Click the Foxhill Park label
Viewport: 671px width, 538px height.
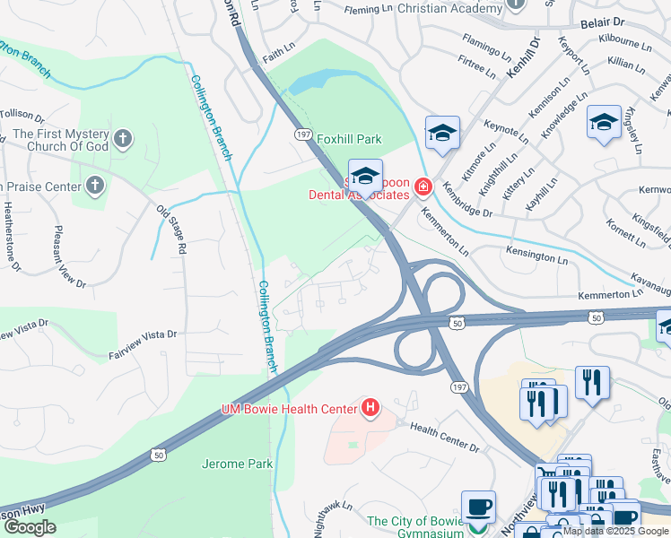click(x=349, y=139)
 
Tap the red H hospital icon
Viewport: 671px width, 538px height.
click(x=369, y=410)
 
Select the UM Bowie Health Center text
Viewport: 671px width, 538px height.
click(x=289, y=410)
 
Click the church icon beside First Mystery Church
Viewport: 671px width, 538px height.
click(x=123, y=139)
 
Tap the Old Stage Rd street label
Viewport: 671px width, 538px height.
click(x=170, y=229)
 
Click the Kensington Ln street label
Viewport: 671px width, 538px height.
click(x=537, y=254)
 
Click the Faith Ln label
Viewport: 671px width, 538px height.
click(x=279, y=48)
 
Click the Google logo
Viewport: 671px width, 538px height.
click(x=30, y=527)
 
